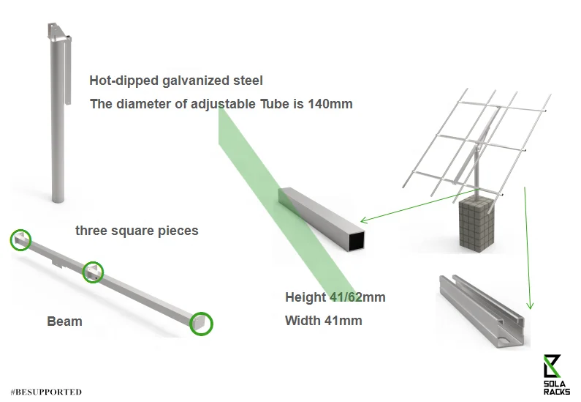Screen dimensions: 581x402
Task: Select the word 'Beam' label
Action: coord(64,321)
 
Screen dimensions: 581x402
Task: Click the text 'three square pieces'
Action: coord(137,231)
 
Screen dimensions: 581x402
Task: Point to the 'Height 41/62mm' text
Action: coord(335,297)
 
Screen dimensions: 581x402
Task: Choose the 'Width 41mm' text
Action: coord(323,320)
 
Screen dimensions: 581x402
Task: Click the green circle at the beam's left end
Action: coord(20,239)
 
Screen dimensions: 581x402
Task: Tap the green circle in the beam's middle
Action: coord(93,272)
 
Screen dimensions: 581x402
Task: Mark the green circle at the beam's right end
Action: coord(201,323)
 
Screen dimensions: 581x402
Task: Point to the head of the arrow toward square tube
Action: coord(364,220)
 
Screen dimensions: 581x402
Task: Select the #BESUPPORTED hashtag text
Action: coord(47,392)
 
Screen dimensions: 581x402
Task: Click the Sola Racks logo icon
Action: coord(552,364)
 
